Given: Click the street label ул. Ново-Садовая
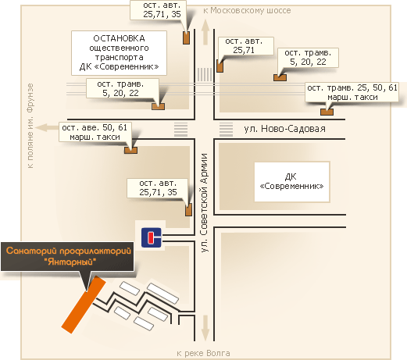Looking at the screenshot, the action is (284, 129).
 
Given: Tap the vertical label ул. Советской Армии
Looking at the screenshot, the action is (205, 203).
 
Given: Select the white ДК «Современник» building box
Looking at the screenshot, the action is (292, 182).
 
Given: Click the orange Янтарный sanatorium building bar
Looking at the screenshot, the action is (84, 305).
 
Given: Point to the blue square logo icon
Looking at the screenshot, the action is (152, 237).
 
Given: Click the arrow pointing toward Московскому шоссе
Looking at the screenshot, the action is (205, 32).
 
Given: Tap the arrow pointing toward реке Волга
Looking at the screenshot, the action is (205, 327).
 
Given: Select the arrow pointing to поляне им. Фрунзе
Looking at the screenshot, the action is (47, 128).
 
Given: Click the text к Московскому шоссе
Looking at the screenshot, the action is (247, 10).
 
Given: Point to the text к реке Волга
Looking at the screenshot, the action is (203, 353).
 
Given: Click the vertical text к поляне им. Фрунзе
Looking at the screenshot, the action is (30, 126).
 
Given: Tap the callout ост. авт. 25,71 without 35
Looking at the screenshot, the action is (246, 46).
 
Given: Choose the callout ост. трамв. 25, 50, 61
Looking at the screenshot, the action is (352, 92).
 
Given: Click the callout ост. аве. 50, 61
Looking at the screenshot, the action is (95, 132).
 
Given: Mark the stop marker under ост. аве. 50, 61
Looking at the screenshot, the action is (130, 150).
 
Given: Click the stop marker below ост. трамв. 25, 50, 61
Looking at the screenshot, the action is (327, 112).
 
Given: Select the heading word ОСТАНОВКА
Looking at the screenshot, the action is (119, 38).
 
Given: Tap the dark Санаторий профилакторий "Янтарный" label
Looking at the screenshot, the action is (67, 256).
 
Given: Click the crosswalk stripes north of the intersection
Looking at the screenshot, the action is (205, 74).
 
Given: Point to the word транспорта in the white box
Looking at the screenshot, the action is (119, 57).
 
